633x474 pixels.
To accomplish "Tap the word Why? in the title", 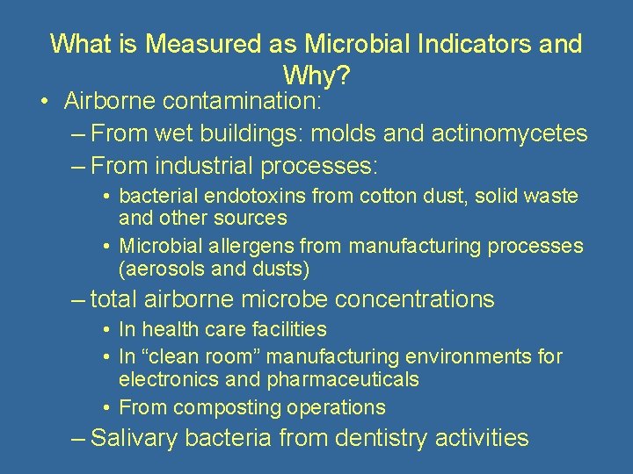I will [x=316, y=76].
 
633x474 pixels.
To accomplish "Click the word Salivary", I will [x=137, y=437].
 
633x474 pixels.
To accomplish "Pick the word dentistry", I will [x=385, y=437].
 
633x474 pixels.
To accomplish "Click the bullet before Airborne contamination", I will [x=44, y=102].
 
